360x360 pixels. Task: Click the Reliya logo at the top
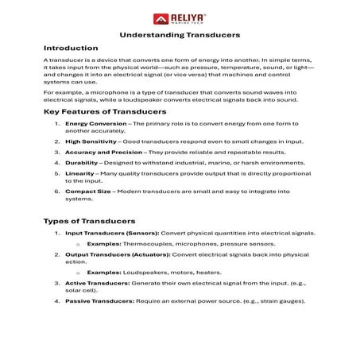coord(180,17)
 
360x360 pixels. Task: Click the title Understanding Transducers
coord(180,35)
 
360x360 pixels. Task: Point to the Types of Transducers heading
coord(90,220)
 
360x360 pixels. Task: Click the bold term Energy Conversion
coord(92,124)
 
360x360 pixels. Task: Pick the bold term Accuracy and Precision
coord(103,151)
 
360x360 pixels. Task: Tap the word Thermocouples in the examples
coord(142,243)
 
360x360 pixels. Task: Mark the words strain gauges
coord(280,301)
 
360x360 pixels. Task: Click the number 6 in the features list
coord(56,191)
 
